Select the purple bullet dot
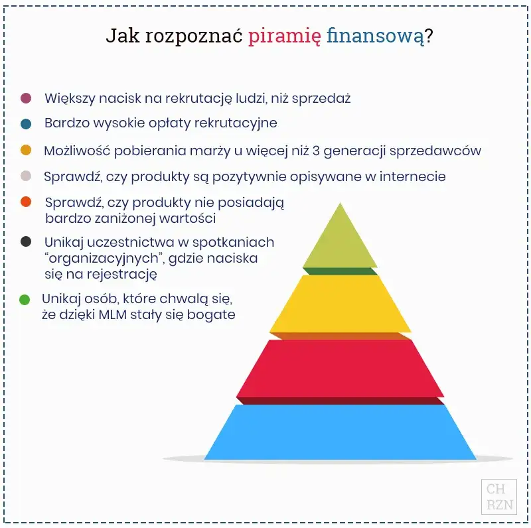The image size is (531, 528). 26,98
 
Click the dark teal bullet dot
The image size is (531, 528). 26,124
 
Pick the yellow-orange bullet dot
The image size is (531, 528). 26,151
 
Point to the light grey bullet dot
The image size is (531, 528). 26,176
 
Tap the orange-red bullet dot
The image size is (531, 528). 26,202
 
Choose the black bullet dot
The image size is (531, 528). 26,242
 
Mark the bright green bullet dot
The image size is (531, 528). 25,300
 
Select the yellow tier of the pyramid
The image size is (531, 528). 341,303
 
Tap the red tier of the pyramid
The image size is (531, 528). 341,368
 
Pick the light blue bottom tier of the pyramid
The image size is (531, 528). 341,432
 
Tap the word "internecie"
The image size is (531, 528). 412,176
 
